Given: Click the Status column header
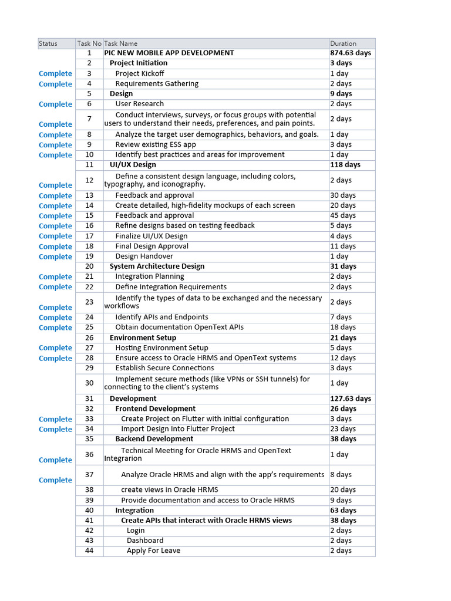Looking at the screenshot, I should point(48,43).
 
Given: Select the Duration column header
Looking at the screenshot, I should point(343,43).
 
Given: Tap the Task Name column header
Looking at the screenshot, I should point(120,43).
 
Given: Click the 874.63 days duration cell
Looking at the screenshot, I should point(350,53).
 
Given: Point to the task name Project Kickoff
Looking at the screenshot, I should point(139,73).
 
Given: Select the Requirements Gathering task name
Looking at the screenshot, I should point(157,83).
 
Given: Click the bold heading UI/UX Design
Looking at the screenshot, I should point(133,164).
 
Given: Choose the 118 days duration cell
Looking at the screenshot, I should point(345,164).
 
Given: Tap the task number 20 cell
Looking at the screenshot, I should point(89,266).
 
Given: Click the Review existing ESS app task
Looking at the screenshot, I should point(156,144).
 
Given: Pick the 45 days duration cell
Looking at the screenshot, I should point(343,215).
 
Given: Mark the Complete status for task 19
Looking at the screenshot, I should point(55,256).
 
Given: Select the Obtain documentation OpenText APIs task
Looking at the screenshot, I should point(179,327).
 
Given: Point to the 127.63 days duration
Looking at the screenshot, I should point(350,399).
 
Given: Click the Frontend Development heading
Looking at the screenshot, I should point(155,408).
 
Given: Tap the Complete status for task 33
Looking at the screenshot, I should point(55,419).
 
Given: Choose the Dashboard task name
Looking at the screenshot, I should point(145,541).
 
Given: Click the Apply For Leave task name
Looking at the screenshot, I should point(153,551).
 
